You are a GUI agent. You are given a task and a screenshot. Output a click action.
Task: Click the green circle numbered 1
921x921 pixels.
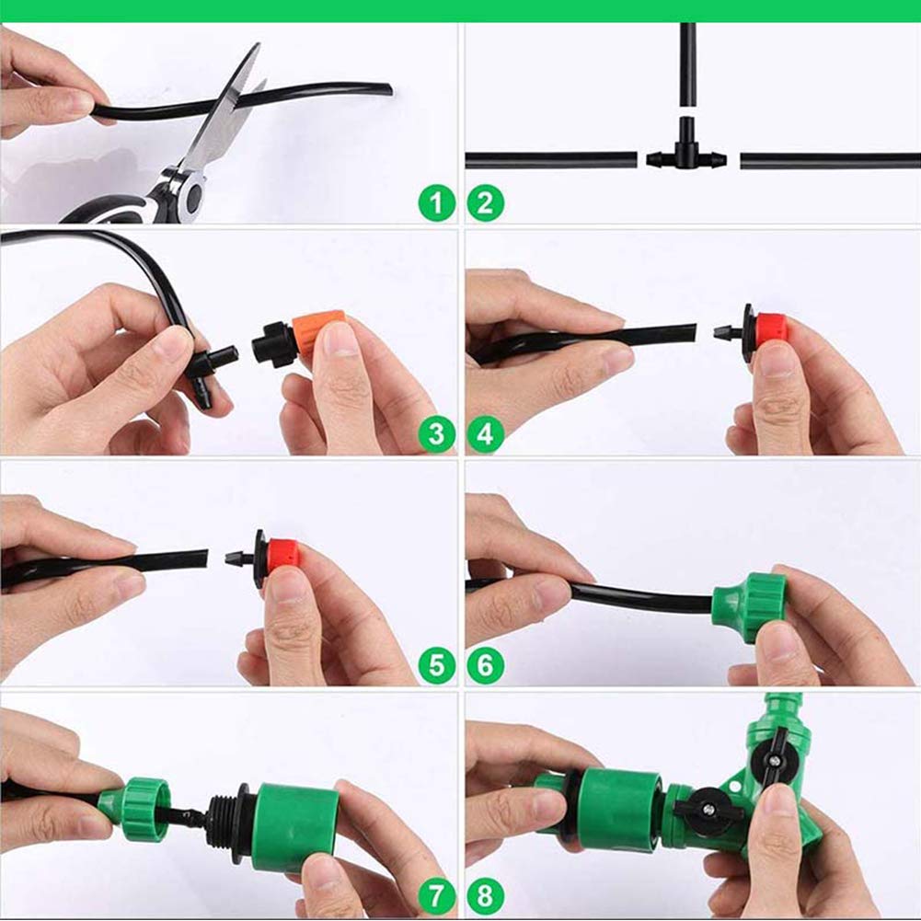click(x=437, y=202)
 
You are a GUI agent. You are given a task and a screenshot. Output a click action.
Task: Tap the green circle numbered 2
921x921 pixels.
click(x=485, y=202)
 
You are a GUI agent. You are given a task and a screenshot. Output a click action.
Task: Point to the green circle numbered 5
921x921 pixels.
click(x=437, y=665)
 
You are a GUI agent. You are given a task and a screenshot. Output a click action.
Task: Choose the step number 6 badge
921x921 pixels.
click(x=485, y=665)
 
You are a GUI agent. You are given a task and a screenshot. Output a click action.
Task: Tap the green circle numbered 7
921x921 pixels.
click(x=437, y=894)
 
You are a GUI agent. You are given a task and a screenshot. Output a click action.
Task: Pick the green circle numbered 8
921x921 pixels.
click(x=485, y=894)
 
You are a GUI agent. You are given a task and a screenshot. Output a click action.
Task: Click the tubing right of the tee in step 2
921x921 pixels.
click(x=828, y=161)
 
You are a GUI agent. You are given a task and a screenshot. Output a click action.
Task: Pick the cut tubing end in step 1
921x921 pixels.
click(x=386, y=89)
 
